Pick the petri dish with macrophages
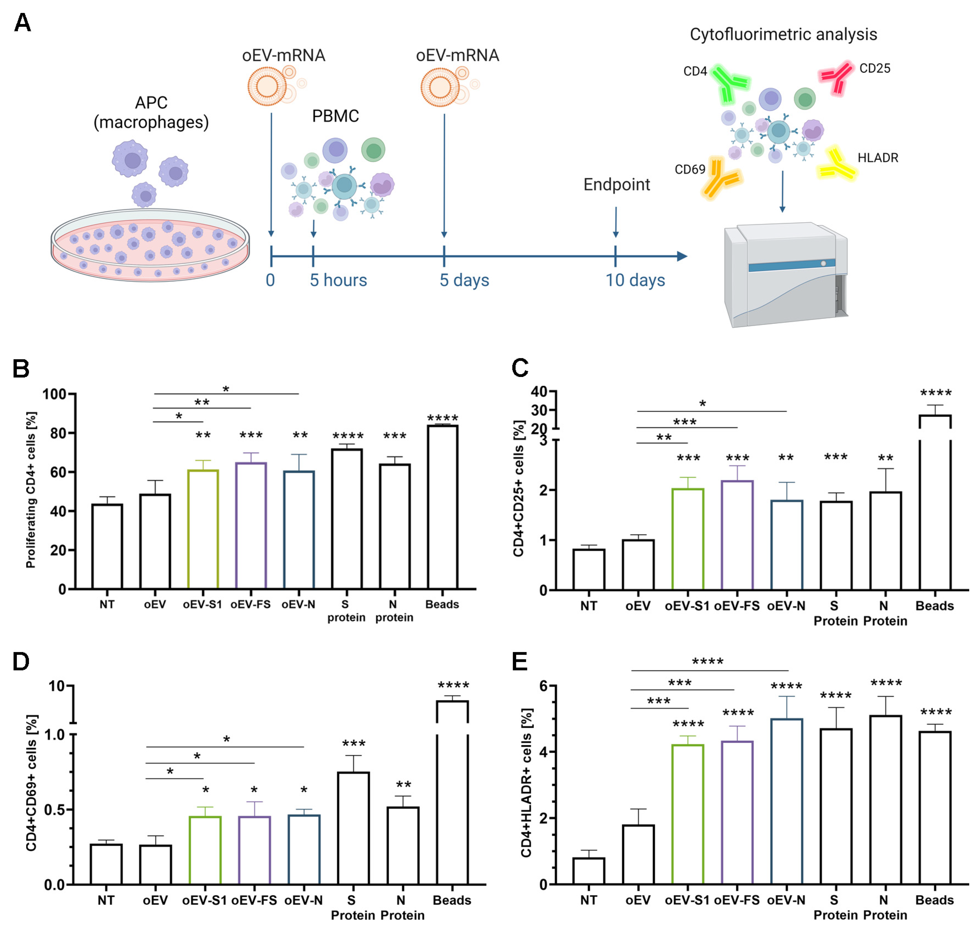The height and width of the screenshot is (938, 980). pyautogui.click(x=150, y=245)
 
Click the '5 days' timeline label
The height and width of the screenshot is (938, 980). pyautogui.click(x=464, y=280)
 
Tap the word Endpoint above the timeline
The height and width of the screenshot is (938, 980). pyautogui.click(x=617, y=185)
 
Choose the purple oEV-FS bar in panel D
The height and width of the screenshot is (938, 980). pyautogui.click(x=255, y=850)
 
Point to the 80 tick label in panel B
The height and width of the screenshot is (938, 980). pyautogui.click(x=58, y=433)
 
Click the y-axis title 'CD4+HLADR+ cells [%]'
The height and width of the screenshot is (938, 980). pyautogui.click(x=526, y=783)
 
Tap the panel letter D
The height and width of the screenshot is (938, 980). pyautogui.click(x=21, y=662)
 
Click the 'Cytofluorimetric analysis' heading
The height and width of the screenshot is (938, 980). pyautogui.click(x=783, y=34)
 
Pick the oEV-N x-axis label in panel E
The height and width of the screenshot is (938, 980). pyautogui.click(x=786, y=900)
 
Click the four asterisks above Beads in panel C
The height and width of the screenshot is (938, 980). pyautogui.click(x=935, y=393)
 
